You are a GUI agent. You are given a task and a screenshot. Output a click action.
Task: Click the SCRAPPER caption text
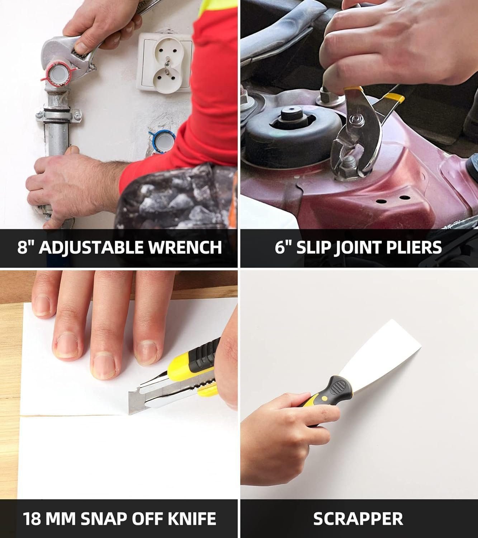coord(358,519)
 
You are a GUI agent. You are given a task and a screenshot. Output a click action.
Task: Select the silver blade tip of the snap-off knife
coord(136,402)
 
